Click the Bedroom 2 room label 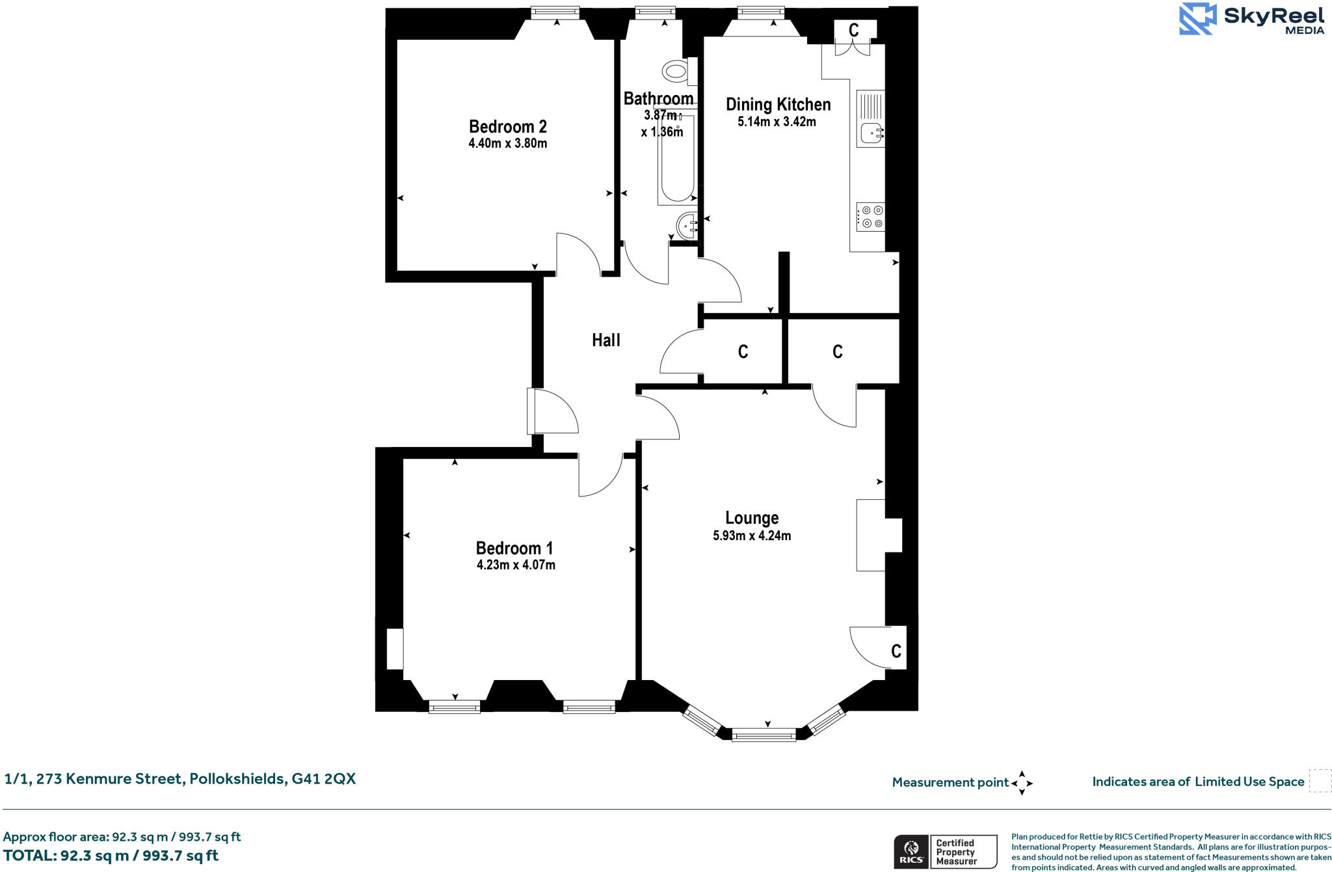coord(507,126)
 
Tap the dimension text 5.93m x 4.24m coord(752,536)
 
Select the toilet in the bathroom coord(677,71)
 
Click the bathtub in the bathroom coord(677,159)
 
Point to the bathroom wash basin coord(687,226)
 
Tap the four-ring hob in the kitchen coord(871,217)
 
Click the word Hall coord(606,340)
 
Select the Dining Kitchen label coord(778,104)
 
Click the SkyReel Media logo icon coord(1197,18)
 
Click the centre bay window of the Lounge coord(764,735)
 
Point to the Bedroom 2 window coord(555,12)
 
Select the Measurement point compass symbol coord(1022,783)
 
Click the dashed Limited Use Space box coord(1320,781)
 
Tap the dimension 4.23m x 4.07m coord(516,565)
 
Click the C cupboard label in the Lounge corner coord(896,651)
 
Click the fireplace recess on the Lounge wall coord(878,535)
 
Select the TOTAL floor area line coord(111,856)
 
